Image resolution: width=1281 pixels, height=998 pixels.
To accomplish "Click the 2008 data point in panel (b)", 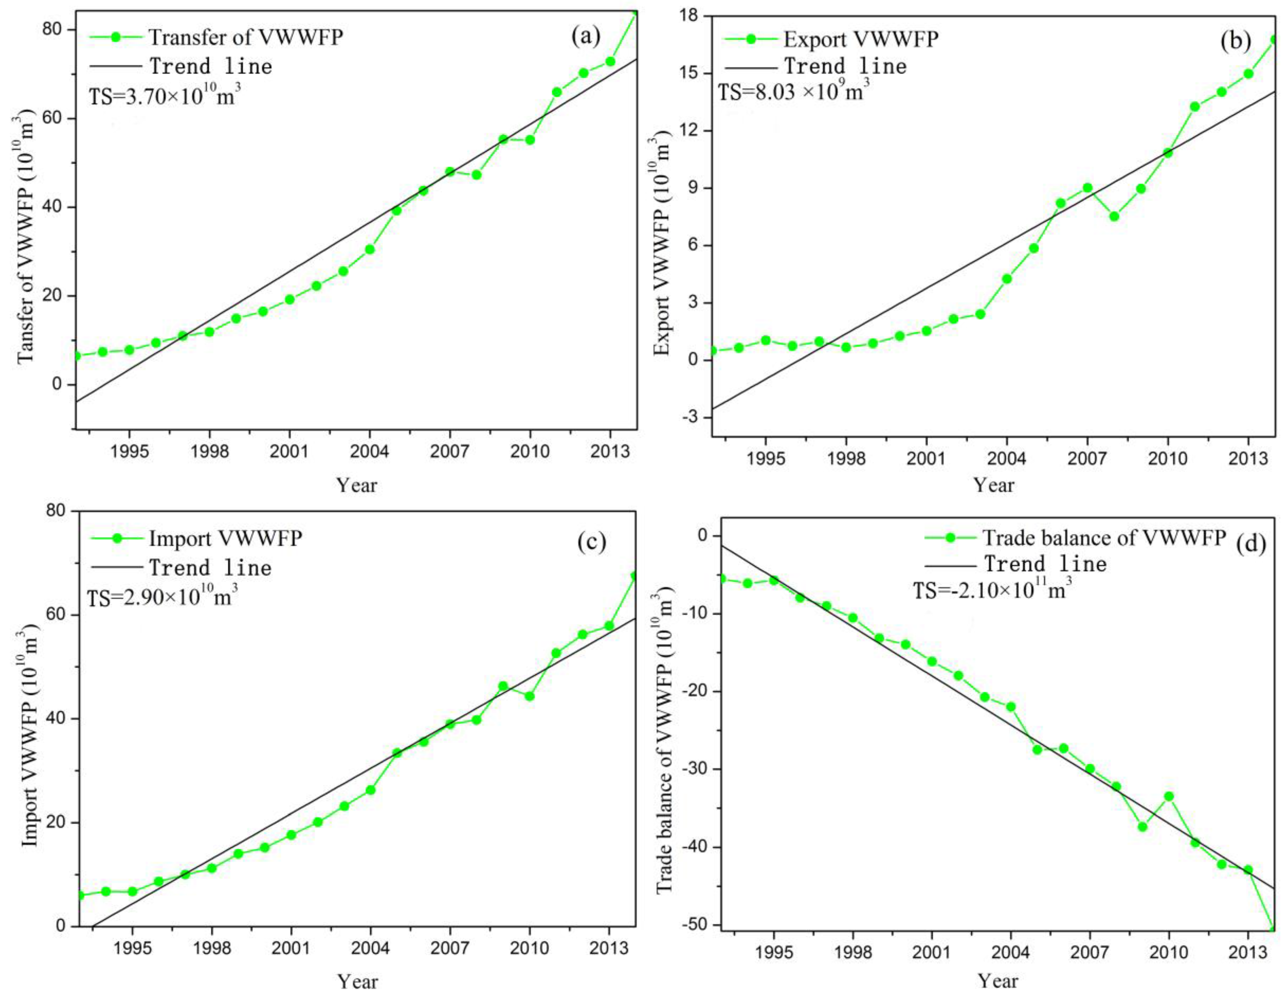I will pyautogui.click(x=1114, y=217).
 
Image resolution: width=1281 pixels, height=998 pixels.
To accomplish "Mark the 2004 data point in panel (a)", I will pyautogui.click(x=370, y=249).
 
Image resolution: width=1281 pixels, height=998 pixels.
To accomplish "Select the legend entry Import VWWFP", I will pyautogui.click(x=225, y=538).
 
